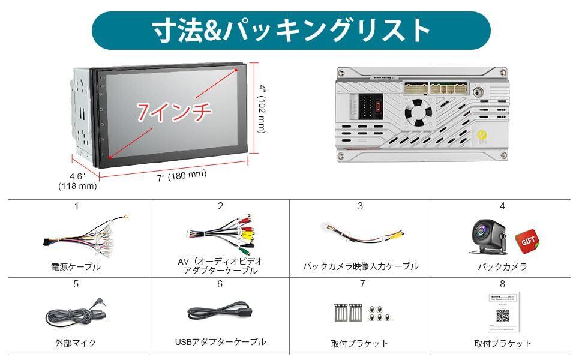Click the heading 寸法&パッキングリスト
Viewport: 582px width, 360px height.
[290, 31]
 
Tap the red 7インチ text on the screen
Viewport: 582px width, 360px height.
[174, 112]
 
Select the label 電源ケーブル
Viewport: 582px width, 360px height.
[76, 267]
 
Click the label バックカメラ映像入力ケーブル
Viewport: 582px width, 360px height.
[360, 266]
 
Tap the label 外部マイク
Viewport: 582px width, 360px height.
[76, 344]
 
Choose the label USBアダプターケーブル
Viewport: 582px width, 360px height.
[220, 342]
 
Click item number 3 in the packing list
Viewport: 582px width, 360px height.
[360, 206]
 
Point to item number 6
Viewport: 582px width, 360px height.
[220, 284]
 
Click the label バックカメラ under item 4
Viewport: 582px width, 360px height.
[502, 267]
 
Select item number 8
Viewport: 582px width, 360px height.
[502, 284]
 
